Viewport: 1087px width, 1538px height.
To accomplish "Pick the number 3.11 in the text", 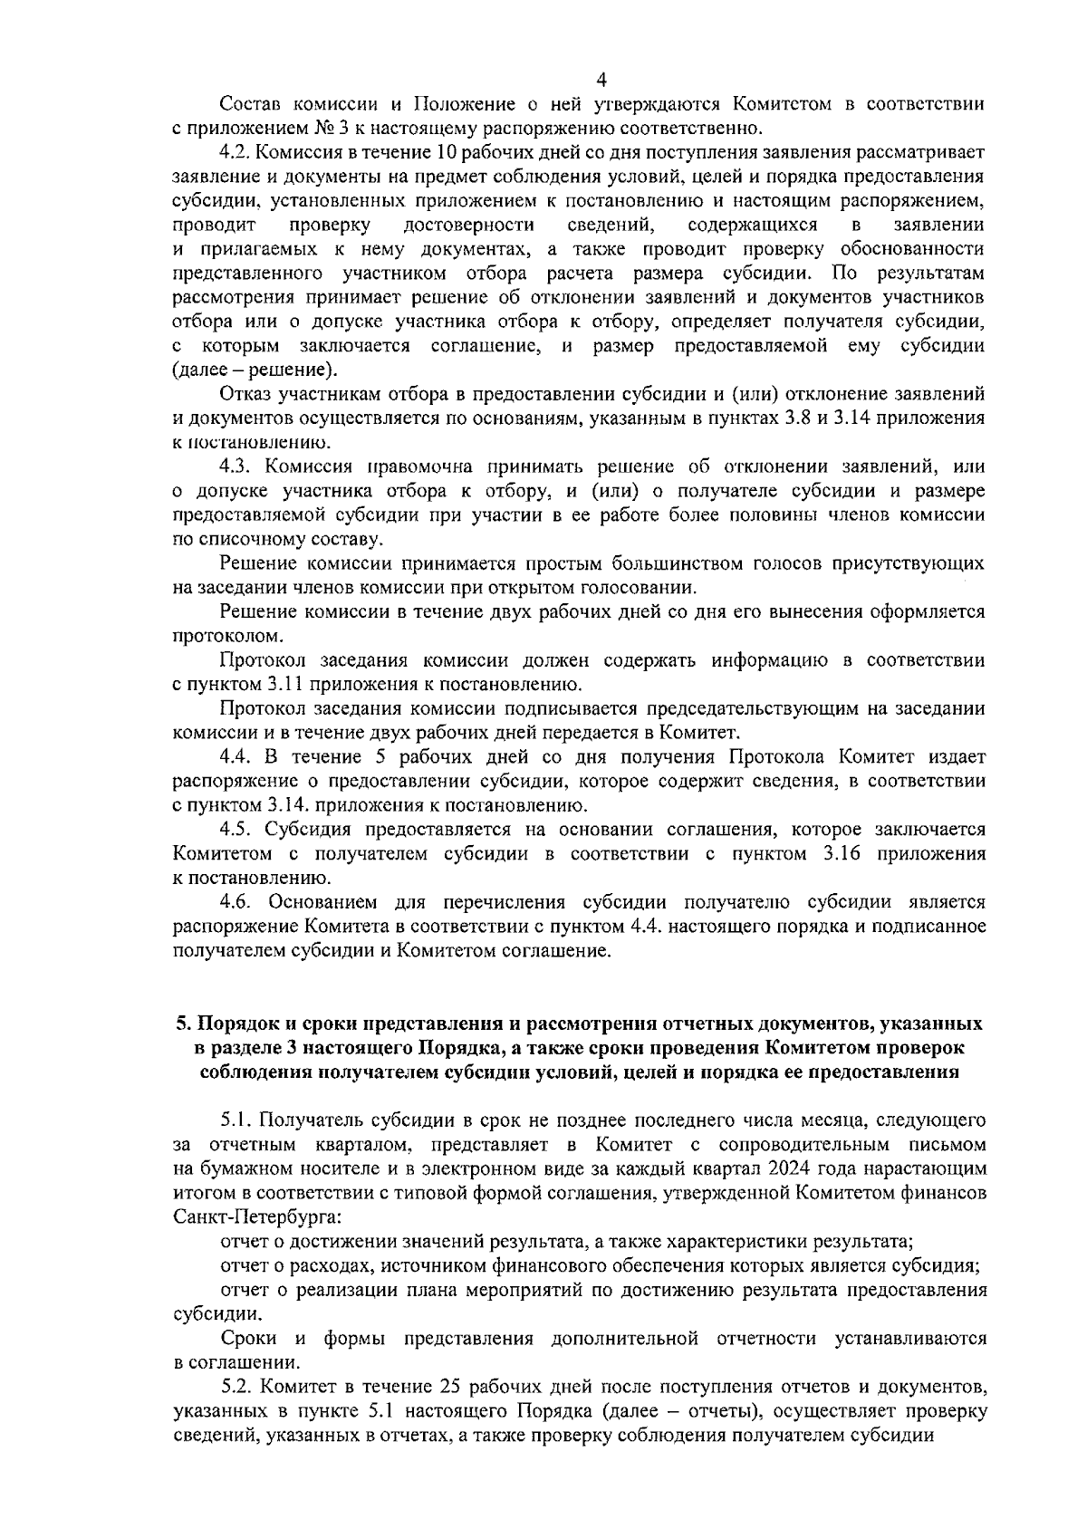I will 287,684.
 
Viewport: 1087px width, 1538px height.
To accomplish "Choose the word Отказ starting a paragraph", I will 244,394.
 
